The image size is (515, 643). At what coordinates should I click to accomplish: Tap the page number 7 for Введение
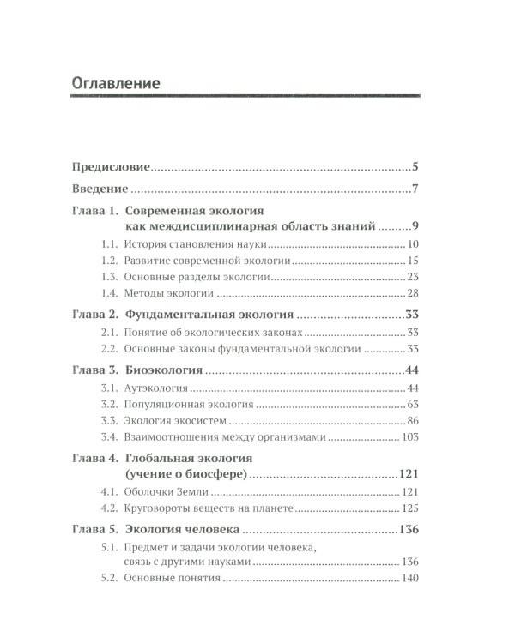415,188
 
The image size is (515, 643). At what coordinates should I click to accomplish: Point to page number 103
408,437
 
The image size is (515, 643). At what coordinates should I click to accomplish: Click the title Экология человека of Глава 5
197,532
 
